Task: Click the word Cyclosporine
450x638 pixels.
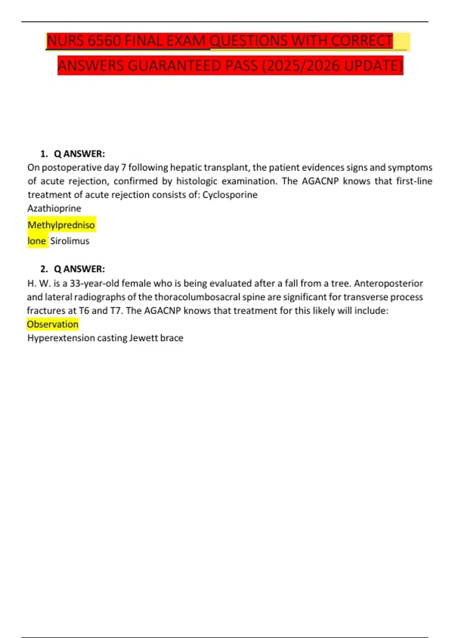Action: (230, 195)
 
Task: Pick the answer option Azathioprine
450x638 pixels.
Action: (54, 208)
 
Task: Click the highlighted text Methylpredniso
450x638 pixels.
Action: (61, 225)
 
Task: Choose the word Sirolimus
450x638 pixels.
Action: (70, 241)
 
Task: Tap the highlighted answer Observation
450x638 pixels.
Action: (52, 324)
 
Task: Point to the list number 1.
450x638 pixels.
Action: (44, 154)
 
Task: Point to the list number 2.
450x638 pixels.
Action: (44, 269)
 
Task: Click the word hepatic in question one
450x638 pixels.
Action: (185, 167)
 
